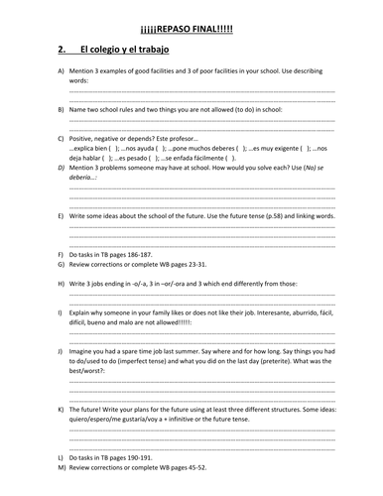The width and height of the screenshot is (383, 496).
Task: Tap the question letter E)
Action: [62, 215]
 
